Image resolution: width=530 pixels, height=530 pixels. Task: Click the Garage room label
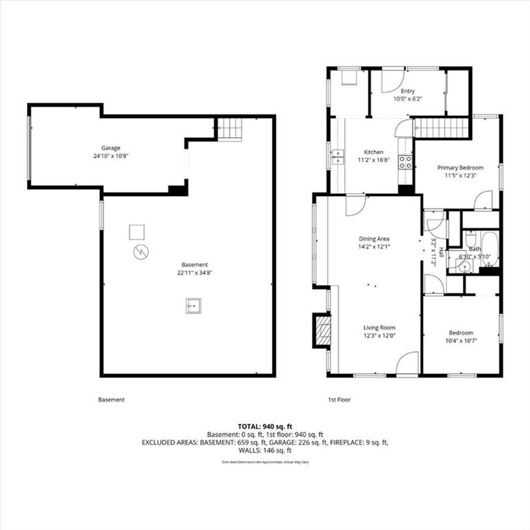(x=111, y=148)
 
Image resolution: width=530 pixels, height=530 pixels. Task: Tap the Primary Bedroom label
(x=460, y=168)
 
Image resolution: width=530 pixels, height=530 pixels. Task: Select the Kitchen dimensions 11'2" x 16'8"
(x=373, y=160)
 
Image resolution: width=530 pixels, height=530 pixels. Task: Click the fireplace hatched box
(x=322, y=331)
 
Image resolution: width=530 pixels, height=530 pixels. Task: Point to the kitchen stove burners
(x=405, y=161)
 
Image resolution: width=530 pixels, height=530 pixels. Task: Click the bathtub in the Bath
(x=490, y=248)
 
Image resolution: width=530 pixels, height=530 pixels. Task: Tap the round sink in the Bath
(x=465, y=266)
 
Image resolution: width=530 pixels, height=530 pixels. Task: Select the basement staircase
(x=229, y=128)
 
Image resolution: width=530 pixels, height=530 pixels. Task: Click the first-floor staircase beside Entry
(x=441, y=128)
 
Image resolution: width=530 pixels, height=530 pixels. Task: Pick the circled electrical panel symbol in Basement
(x=141, y=252)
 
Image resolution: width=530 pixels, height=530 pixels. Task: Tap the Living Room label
(x=380, y=328)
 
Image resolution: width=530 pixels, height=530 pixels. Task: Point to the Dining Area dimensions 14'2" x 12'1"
(x=374, y=247)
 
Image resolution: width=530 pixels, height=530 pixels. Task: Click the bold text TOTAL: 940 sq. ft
(x=265, y=426)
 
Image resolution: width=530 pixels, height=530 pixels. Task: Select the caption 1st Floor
(x=340, y=400)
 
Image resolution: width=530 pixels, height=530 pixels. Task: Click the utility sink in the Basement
(x=193, y=306)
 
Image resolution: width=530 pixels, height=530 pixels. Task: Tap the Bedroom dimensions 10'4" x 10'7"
(x=461, y=341)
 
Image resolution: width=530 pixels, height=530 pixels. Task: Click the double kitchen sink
(x=338, y=157)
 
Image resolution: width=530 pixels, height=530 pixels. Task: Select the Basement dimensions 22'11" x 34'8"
(x=195, y=273)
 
